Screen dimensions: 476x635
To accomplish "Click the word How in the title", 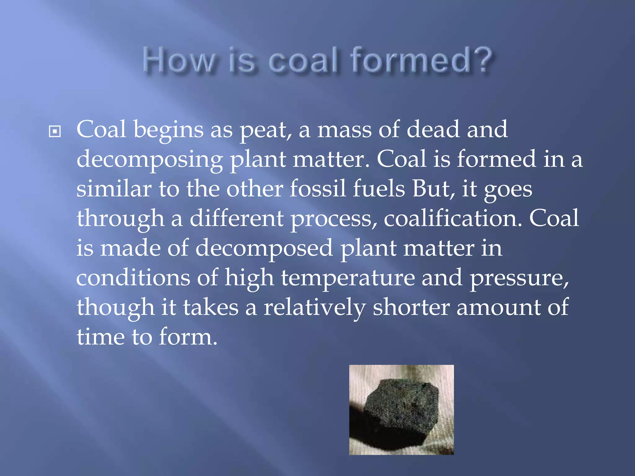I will (178, 60).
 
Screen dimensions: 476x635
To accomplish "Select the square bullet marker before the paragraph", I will (55, 131).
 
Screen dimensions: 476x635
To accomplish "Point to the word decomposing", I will (149, 160).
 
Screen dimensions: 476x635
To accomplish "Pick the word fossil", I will (317, 189).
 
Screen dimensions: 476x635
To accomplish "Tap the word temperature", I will (348, 278).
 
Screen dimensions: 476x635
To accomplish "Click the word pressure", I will (519, 278).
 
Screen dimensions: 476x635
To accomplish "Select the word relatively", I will (314, 308).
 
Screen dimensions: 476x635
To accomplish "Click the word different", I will (236, 218).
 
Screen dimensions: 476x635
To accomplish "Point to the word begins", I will (168, 130).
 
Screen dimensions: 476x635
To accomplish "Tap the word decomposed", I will (264, 249).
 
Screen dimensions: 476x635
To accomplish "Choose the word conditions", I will (133, 278).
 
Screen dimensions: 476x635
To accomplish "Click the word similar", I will (114, 189).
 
